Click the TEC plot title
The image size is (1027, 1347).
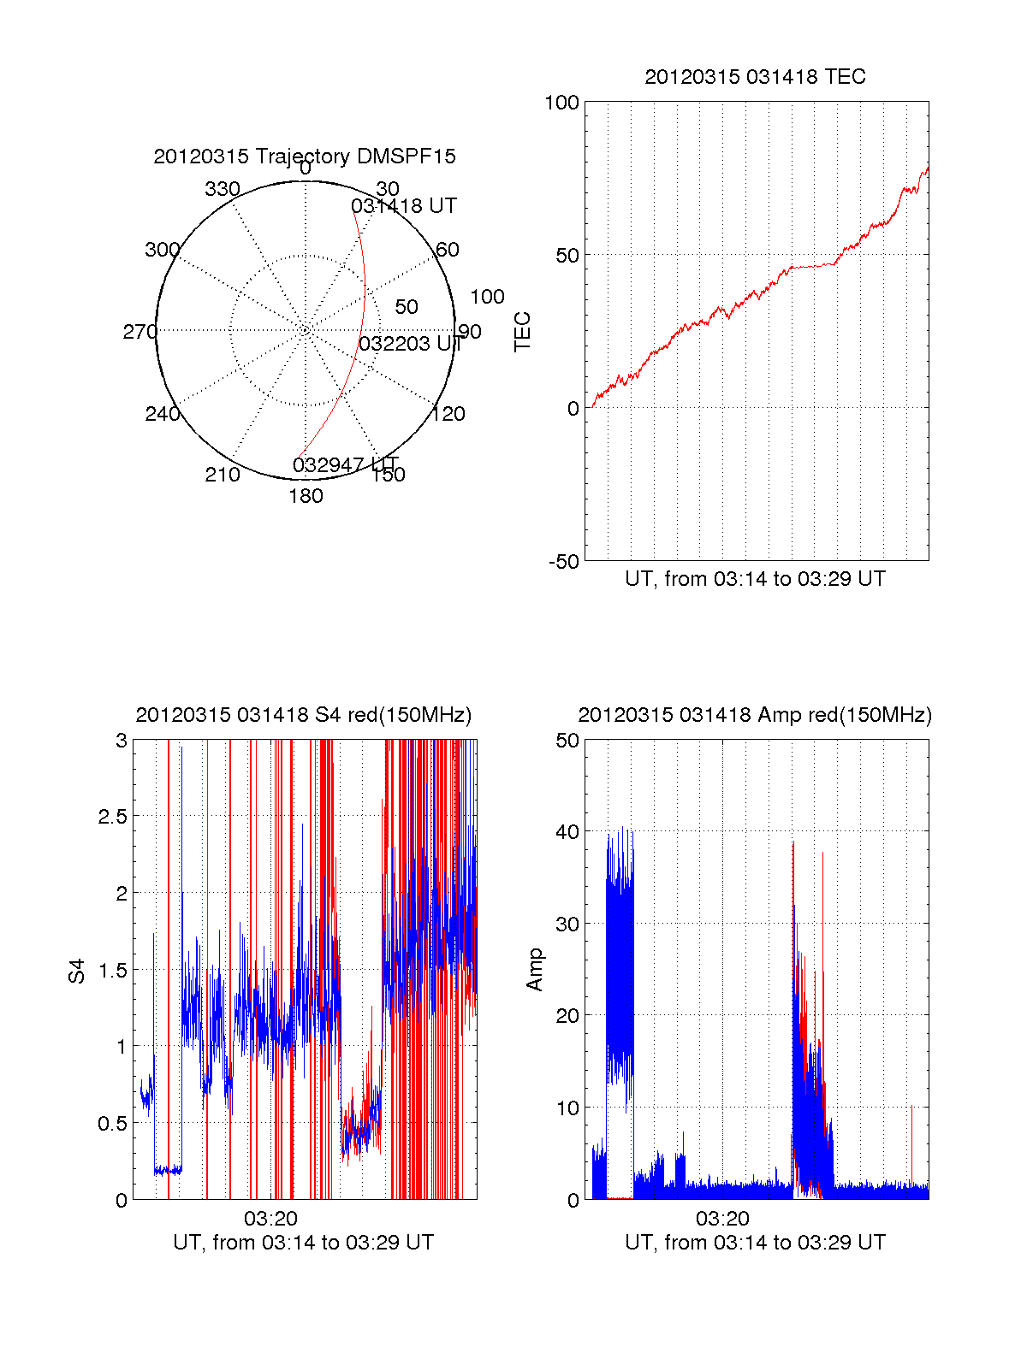tap(755, 77)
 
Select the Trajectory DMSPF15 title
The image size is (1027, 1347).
tap(305, 157)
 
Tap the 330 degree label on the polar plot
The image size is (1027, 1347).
tap(222, 189)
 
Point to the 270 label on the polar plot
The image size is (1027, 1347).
tap(140, 332)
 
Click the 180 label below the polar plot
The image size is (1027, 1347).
tap(306, 496)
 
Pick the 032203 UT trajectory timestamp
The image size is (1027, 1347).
tap(410, 344)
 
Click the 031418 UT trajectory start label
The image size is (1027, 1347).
tap(404, 206)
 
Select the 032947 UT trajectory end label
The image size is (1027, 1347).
tap(345, 465)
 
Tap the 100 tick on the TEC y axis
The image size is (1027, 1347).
tap(561, 103)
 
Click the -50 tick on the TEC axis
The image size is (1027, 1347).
tap(564, 562)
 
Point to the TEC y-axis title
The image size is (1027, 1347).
tap(522, 332)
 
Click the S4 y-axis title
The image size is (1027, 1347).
tap(77, 971)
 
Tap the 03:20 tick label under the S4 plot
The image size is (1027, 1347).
tap(270, 1219)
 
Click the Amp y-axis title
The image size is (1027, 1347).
tap(535, 970)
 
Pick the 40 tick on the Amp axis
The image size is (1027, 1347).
tap(567, 831)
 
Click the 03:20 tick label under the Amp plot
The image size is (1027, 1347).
tap(722, 1219)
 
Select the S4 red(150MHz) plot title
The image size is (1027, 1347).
tap(303, 715)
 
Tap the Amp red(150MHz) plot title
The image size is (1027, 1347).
tap(755, 715)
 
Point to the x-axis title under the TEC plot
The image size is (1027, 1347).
tap(755, 579)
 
